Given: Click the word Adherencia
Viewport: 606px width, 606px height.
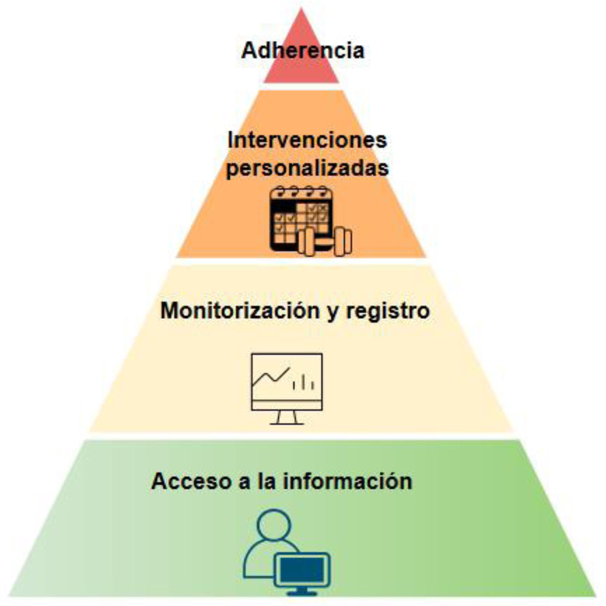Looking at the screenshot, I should pos(302,51).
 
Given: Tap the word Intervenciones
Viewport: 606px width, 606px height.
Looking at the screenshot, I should pos(307,140).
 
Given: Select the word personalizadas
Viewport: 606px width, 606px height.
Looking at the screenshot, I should pos(307,168).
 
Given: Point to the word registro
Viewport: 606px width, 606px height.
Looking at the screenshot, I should pos(388,311).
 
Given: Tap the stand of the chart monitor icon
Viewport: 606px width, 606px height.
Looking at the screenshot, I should pos(287,418).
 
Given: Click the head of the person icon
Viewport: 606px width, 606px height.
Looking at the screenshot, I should pos(274,526).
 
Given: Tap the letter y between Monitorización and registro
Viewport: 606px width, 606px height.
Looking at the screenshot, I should pos(333,312).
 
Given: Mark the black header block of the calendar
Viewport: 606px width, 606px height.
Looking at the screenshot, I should pos(283,207).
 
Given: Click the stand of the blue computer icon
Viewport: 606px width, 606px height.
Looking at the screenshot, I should pos(302,591).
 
